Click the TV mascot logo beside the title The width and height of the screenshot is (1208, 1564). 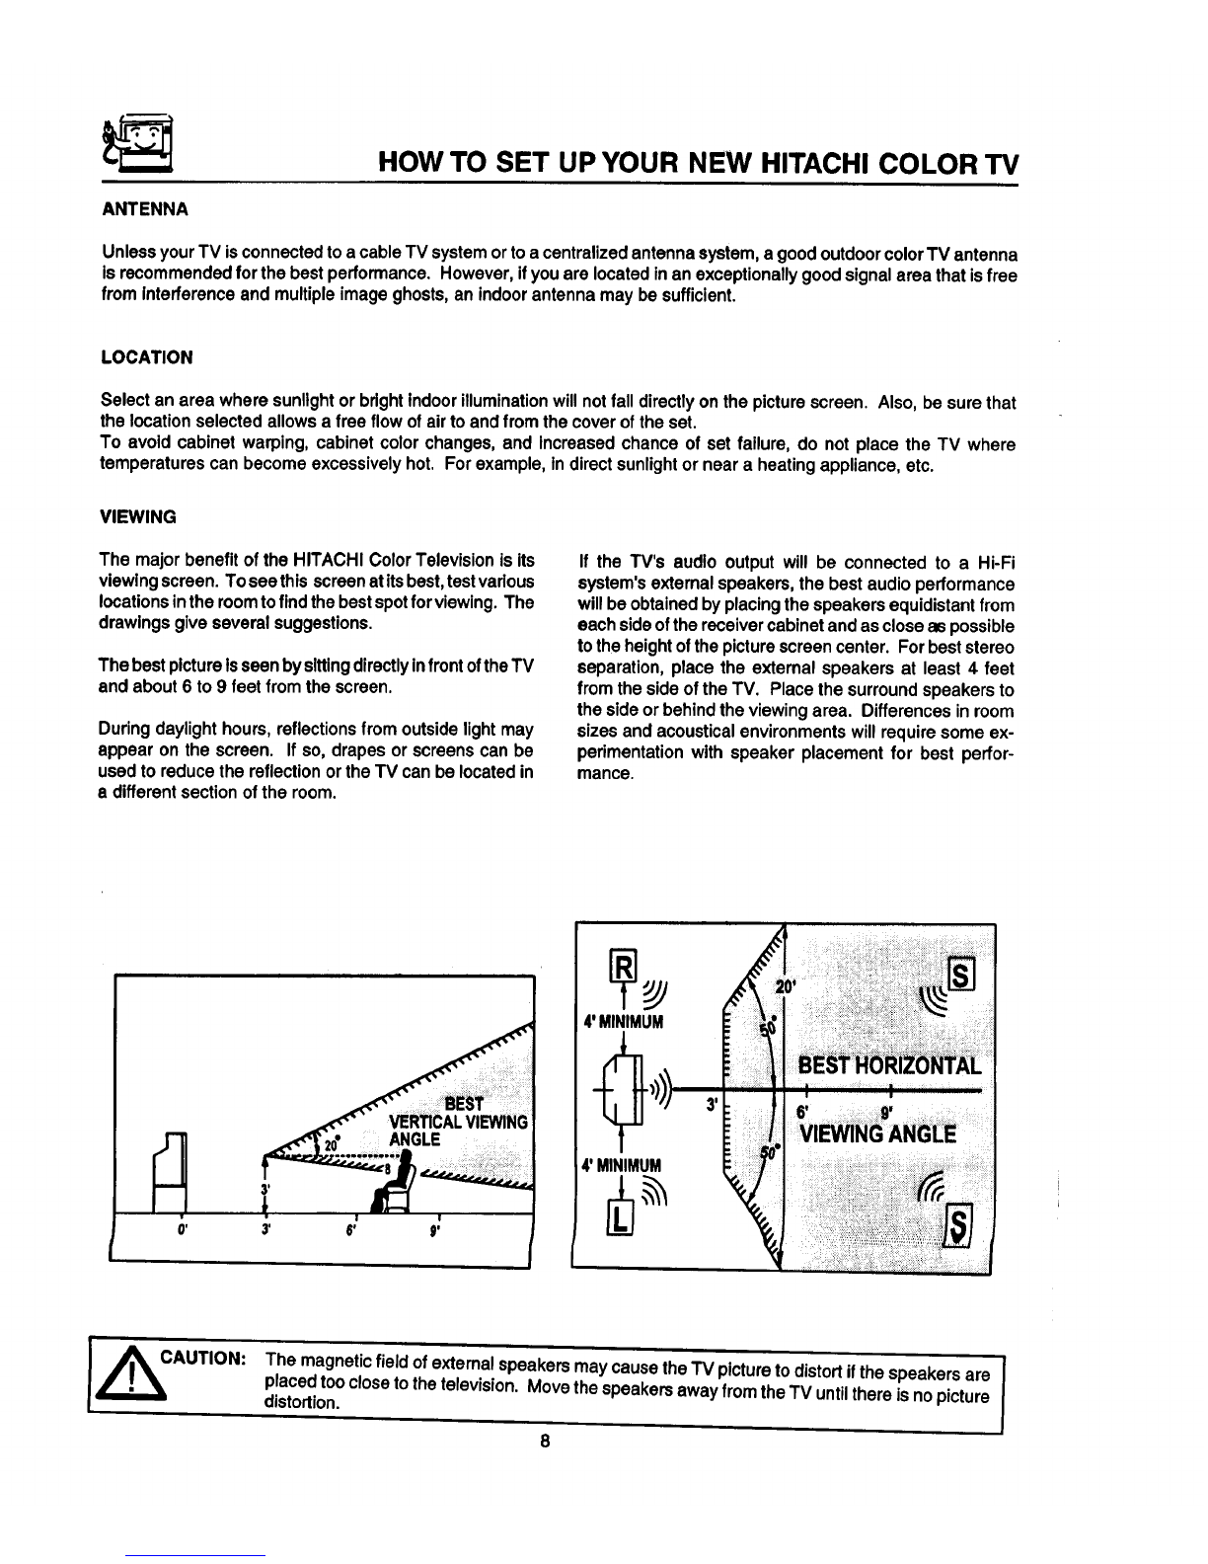(137, 144)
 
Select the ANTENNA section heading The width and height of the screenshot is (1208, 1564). (145, 209)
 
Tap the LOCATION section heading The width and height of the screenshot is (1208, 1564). (147, 357)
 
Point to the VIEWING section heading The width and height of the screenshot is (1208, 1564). (137, 516)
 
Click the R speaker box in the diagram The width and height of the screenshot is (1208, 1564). (624, 967)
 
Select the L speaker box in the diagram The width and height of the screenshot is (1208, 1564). (620, 1218)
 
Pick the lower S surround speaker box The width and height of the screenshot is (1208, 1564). (958, 1224)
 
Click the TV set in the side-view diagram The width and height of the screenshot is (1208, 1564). (171, 1172)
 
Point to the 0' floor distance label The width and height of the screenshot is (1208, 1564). (183, 1230)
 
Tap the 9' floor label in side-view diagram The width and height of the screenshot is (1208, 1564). (434, 1230)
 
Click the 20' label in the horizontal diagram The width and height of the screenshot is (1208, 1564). (785, 986)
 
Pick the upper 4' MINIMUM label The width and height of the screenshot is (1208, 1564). (623, 1021)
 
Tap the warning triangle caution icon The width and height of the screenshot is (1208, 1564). (131, 1375)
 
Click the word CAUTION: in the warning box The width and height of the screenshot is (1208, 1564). (203, 1358)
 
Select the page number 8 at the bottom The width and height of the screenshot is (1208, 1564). (545, 1441)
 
